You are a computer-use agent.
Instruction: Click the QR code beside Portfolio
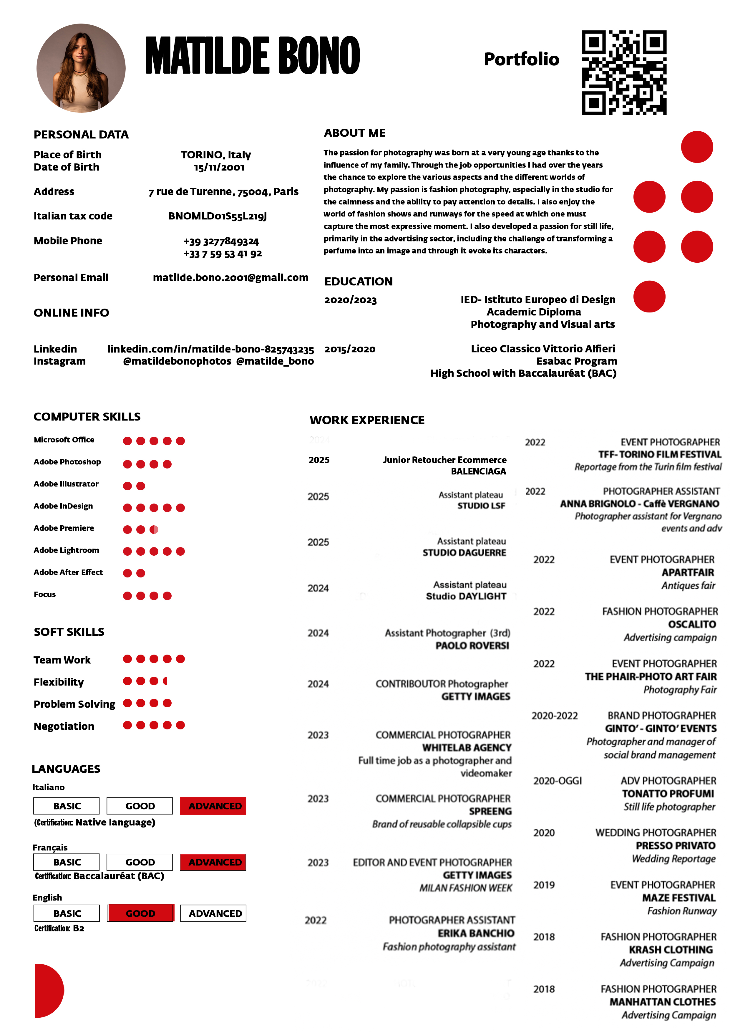[624, 72]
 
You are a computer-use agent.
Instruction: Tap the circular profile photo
[81, 68]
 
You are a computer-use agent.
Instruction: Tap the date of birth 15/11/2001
[219, 167]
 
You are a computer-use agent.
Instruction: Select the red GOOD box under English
[140, 913]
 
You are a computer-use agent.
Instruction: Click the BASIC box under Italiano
[67, 806]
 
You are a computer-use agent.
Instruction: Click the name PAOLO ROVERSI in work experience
[472, 645]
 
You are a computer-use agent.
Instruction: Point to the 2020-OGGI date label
[557, 781]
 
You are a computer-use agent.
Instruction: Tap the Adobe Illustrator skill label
[66, 484]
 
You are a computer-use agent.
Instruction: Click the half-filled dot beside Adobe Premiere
[154, 529]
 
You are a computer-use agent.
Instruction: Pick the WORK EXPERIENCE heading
[367, 420]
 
